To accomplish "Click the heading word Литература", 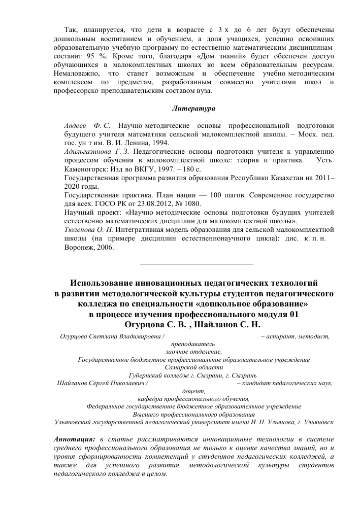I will tap(193, 109).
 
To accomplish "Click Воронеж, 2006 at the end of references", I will tap(89, 248).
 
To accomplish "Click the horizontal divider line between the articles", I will tap(196, 264).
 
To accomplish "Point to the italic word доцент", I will tap(193, 391).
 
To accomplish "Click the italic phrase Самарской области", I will tap(193, 367).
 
